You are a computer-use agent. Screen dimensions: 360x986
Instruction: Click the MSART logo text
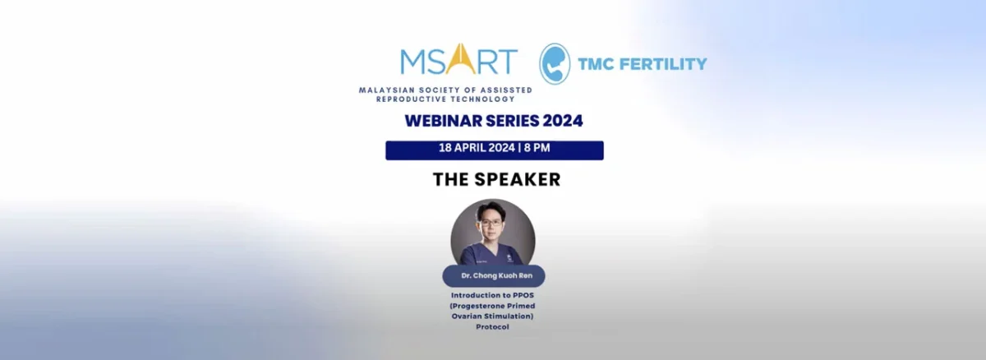[458, 62]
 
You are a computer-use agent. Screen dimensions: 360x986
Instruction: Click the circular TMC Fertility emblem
[555, 64]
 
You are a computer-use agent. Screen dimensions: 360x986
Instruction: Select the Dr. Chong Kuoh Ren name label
[493, 276]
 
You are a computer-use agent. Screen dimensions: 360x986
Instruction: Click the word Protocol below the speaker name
[493, 326]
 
